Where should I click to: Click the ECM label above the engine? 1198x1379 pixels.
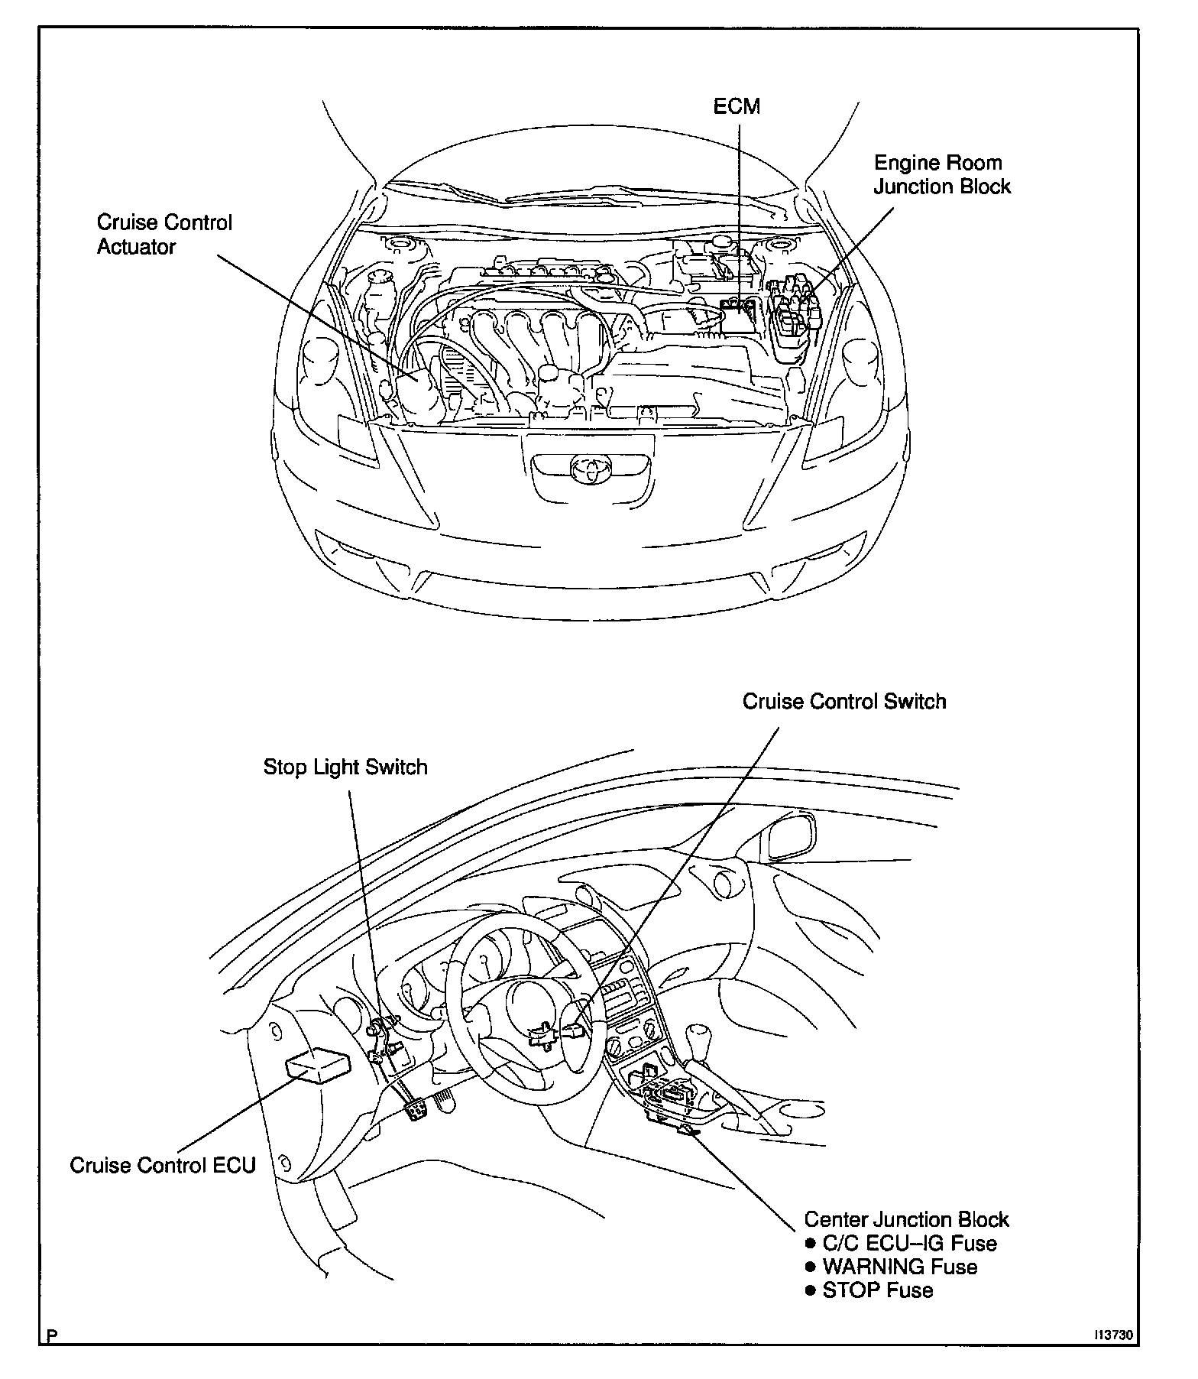tap(737, 105)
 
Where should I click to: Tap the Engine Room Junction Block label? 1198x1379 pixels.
tap(942, 174)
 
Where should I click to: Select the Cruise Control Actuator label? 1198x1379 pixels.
tap(164, 235)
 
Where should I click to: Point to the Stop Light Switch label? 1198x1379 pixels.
tap(345, 767)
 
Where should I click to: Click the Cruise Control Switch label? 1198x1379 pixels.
tap(844, 701)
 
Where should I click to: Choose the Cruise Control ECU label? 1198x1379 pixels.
tap(163, 1165)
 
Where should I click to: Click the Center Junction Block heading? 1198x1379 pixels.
tap(907, 1219)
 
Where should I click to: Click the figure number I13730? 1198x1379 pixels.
tap(1112, 1335)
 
